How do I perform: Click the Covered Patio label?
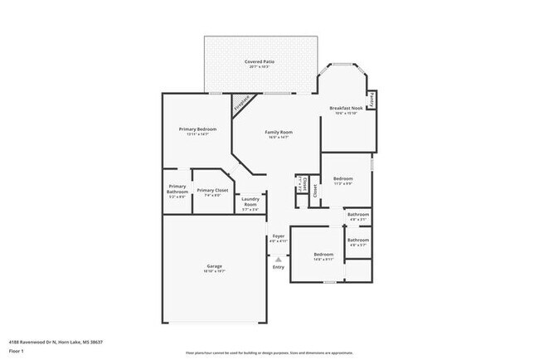pyautogui.click(x=261, y=62)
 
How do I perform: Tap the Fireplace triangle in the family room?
pyautogui.click(x=241, y=105)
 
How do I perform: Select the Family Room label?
pyautogui.click(x=279, y=132)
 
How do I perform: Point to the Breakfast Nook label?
pyautogui.click(x=346, y=108)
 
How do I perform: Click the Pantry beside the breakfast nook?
pyautogui.click(x=372, y=100)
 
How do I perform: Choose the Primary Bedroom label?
pyautogui.click(x=197, y=129)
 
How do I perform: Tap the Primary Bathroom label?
pyautogui.click(x=177, y=189)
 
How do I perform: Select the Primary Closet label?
pyautogui.click(x=211, y=190)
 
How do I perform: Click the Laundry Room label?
pyautogui.click(x=250, y=202)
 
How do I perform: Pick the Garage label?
pyautogui.click(x=214, y=266)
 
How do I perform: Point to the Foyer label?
pyautogui.click(x=279, y=236)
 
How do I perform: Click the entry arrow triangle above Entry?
pyautogui.click(x=279, y=258)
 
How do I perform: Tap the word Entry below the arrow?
pyautogui.click(x=279, y=266)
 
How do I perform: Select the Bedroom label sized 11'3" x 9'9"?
pyautogui.click(x=343, y=179)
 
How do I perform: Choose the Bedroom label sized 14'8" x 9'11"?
pyautogui.click(x=323, y=254)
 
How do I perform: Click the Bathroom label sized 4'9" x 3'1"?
pyautogui.click(x=358, y=215)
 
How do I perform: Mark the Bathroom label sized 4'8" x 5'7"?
pyautogui.click(x=358, y=241)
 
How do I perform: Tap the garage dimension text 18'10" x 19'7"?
pyautogui.click(x=214, y=271)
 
